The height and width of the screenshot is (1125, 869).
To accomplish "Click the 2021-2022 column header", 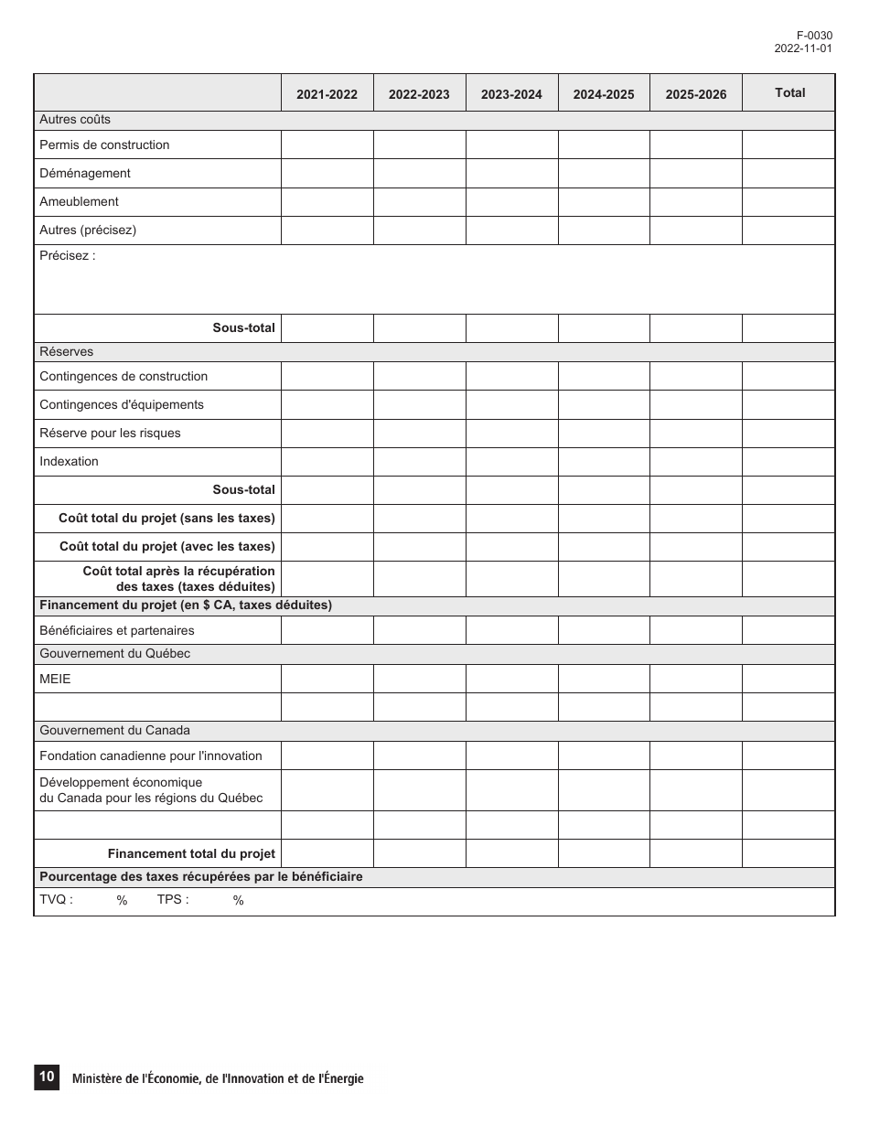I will tap(327, 94).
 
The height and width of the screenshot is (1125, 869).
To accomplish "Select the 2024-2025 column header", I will tap(603, 94).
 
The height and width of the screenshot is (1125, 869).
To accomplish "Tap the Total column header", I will tap(789, 92).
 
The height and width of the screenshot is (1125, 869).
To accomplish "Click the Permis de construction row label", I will tap(104, 145).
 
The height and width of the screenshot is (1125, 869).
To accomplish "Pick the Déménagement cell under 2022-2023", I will tap(419, 173).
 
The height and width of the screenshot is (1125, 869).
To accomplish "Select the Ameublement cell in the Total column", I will tap(789, 201).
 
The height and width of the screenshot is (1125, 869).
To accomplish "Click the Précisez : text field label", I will tap(67, 256).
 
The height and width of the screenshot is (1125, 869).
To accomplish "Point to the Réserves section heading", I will tap(66, 351).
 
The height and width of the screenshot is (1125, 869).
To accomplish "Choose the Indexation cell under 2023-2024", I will tap(511, 461).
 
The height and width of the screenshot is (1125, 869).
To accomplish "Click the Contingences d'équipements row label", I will tap(122, 404).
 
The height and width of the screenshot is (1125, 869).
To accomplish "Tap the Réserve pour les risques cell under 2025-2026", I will tap(695, 433).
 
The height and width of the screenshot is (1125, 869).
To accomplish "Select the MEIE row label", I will tap(55, 679).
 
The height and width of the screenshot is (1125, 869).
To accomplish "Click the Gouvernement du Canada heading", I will tap(114, 730).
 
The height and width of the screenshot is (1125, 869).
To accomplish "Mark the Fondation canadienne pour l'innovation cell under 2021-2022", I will tap(327, 755).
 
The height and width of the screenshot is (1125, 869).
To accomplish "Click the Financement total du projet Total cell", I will tap(789, 853).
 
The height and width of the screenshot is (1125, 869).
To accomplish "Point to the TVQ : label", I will tap(56, 899).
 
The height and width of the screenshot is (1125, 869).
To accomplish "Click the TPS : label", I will tap(173, 899).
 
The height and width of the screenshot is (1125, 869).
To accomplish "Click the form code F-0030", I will tap(814, 36).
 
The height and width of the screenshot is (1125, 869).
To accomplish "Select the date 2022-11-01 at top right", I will tap(802, 48).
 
